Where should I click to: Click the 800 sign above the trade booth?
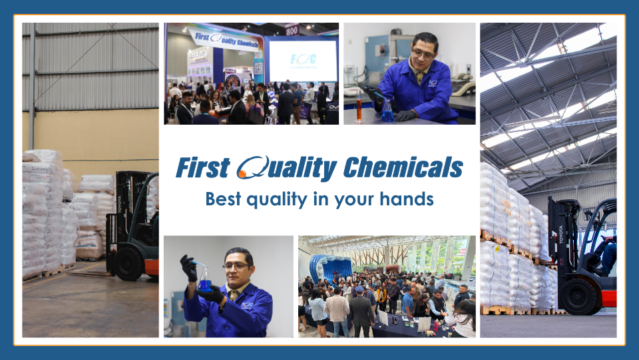point(292,29)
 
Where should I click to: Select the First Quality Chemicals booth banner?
point(224,37)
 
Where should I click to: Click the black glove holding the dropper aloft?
point(190,269)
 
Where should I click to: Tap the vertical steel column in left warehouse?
point(31,86)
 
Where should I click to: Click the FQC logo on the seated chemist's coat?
point(433,83)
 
